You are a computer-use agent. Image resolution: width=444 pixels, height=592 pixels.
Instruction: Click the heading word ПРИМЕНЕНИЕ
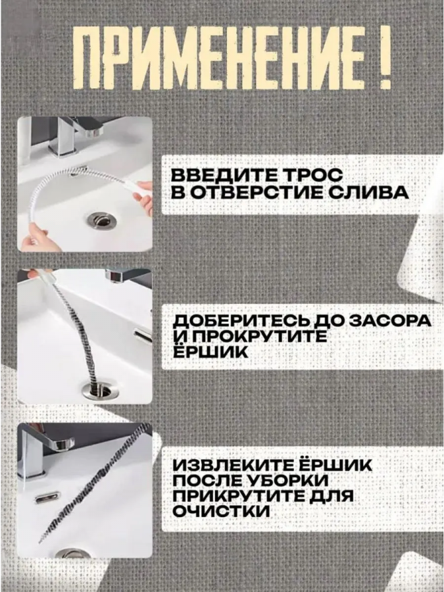[219, 58]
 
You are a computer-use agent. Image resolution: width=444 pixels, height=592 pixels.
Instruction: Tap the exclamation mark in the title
[384, 58]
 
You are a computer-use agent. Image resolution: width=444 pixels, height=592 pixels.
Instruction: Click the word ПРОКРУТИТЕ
[257, 337]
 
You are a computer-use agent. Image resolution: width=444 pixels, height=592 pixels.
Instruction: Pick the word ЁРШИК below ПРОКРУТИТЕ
[210, 352]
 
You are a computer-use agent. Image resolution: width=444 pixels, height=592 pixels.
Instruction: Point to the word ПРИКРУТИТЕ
[239, 496]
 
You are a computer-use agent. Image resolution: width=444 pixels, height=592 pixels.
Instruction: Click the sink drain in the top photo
[101, 220]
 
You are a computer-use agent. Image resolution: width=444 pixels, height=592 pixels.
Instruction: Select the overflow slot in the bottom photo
[47, 498]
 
